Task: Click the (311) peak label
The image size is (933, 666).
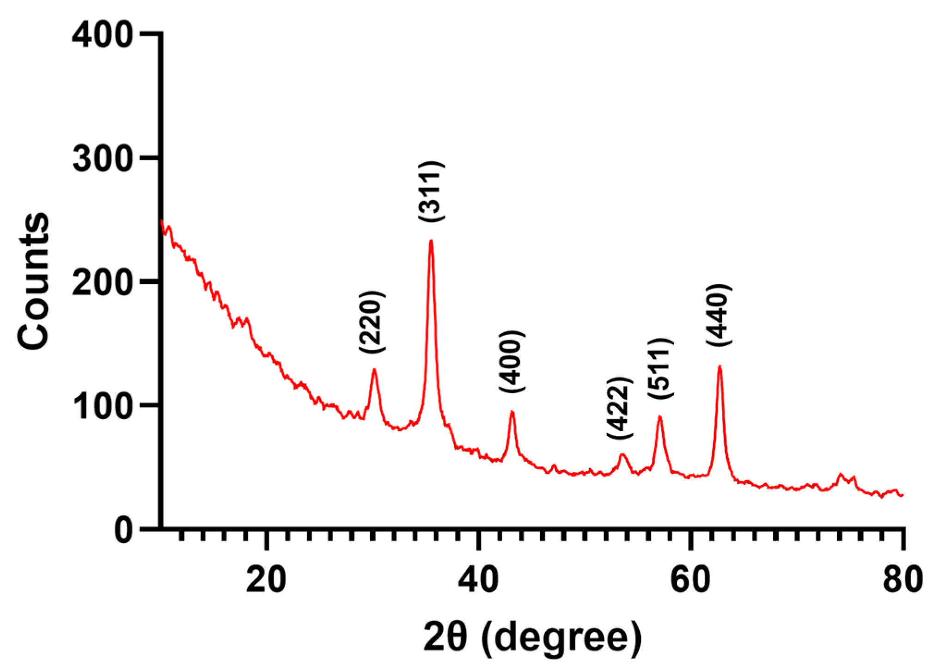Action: coord(432,191)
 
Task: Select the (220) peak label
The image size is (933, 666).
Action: coord(372,322)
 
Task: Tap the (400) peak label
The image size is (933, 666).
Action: coord(512,362)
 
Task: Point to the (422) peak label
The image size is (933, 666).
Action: coord(619,408)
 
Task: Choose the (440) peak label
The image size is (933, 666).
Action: coord(719,315)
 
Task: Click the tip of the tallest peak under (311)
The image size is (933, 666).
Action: coord(431,241)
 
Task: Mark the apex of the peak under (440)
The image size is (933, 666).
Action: coord(720,367)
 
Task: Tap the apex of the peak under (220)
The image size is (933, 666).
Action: coord(374,369)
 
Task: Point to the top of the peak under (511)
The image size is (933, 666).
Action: coord(660,417)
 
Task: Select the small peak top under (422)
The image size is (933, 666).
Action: coord(622,455)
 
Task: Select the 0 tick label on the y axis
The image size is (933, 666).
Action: coord(123,530)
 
